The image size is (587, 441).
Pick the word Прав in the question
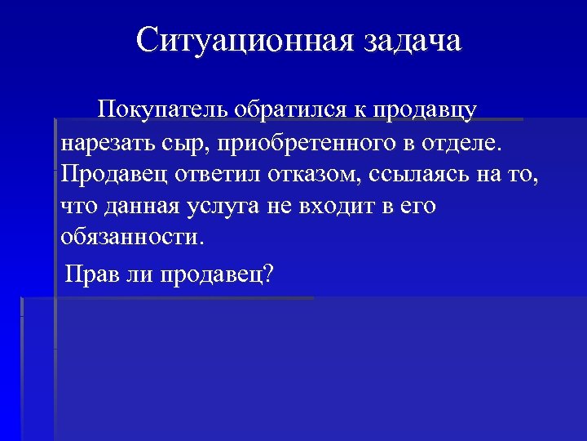(90, 274)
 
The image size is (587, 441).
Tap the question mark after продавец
(268, 273)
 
